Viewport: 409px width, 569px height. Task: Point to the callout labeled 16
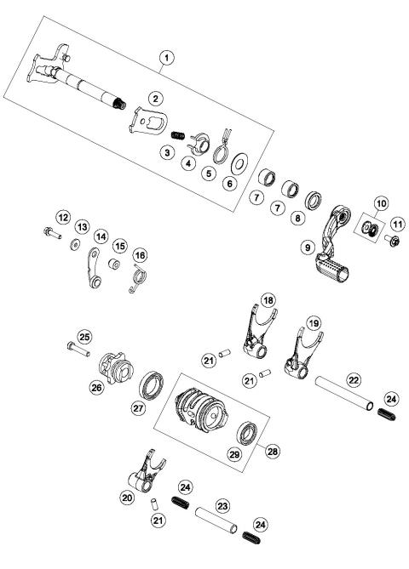[x=140, y=253]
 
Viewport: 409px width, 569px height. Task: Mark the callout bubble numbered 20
[x=125, y=498]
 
